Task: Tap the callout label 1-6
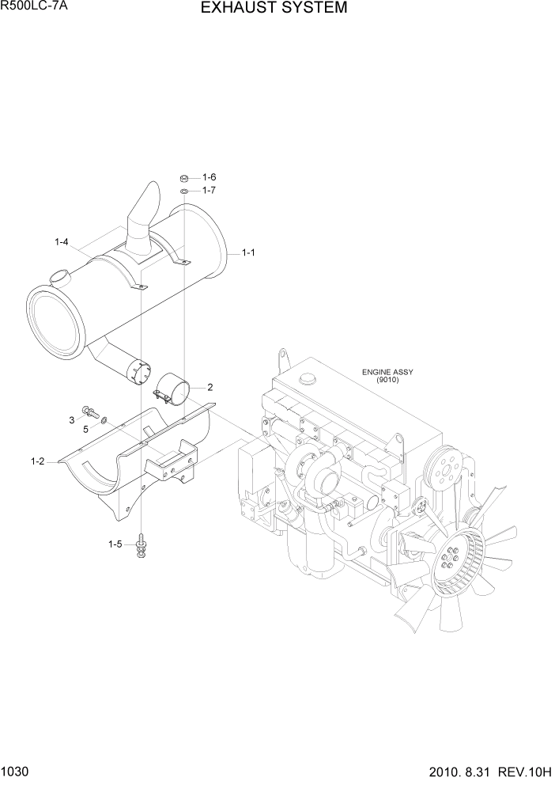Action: [209, 177]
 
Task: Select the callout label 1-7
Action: [209, 191]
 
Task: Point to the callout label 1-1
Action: [247, 253]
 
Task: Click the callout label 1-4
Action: [61, 241]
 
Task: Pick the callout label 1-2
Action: [37, 461]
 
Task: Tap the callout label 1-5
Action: [115, 544]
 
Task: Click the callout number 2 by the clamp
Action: [210, 387]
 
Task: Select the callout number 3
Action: [72, 419]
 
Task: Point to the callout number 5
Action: [85, 430]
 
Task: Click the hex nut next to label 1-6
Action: [183, 178]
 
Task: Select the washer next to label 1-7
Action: [183, 191]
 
